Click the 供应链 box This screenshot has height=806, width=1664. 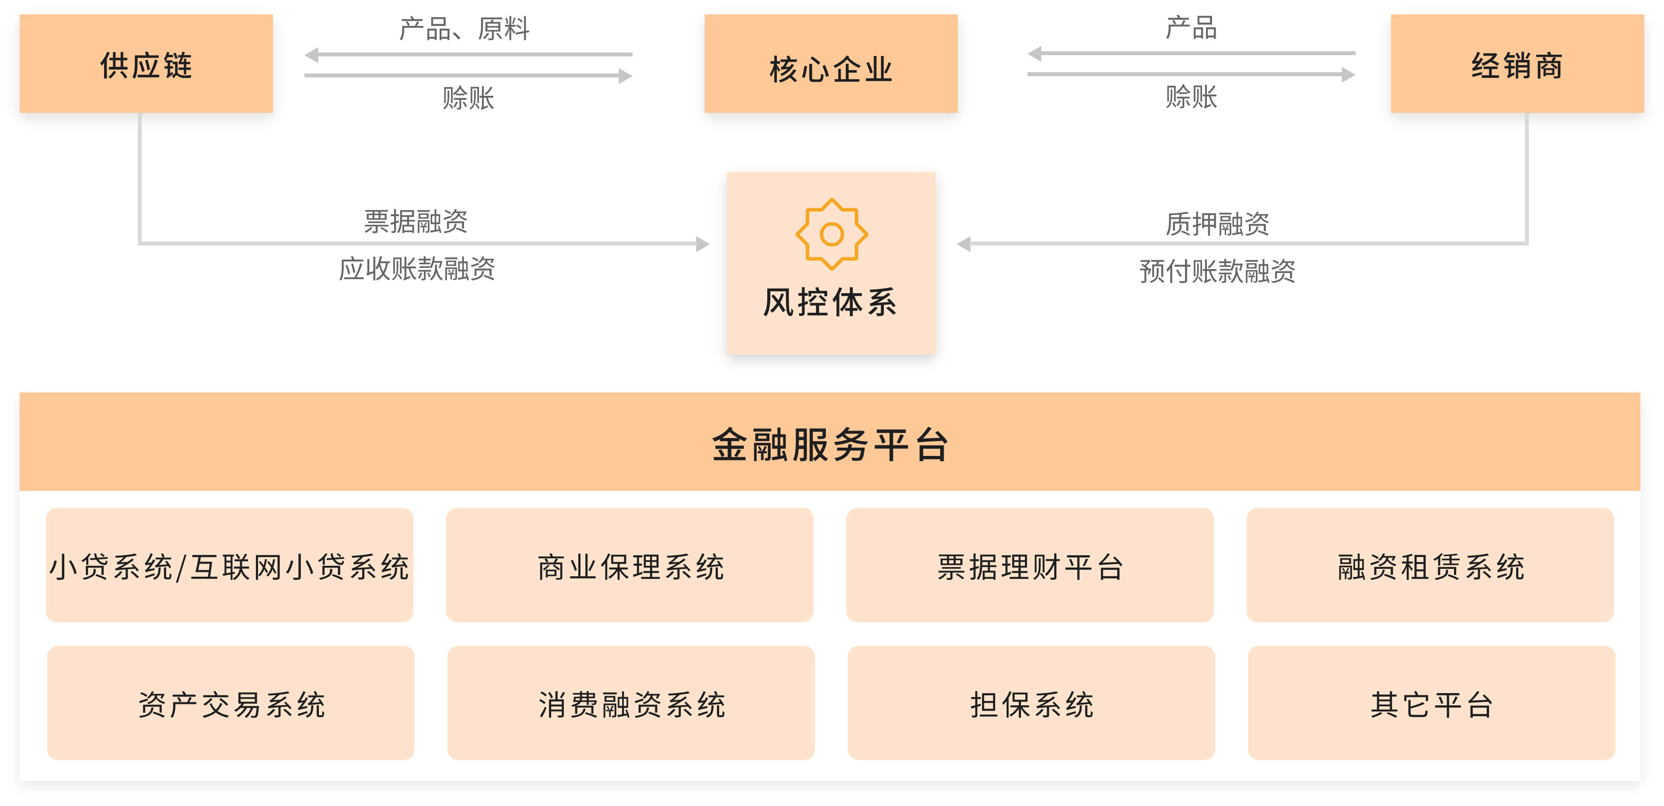(146, 64)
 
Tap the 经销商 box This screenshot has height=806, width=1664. (1517, 64)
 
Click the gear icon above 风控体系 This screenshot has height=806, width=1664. (832, 234)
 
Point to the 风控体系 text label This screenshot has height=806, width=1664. (831, 302)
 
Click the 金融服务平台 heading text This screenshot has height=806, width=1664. (830, 445)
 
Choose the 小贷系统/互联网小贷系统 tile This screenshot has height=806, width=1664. (229, 566)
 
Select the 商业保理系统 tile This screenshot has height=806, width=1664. (630, 566)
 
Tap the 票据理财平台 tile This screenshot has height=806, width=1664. (1030, 566)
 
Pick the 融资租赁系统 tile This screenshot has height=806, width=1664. (1430, 566)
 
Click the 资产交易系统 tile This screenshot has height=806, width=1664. (231, 703)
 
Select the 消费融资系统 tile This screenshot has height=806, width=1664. (631, 703)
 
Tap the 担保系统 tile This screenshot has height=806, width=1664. (1031, 703)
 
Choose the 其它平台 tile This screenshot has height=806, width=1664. (1431, 703)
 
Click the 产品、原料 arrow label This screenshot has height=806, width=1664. (465, 29)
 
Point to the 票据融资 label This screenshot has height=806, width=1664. (416, 221)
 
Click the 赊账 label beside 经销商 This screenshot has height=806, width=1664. (1191, 97)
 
